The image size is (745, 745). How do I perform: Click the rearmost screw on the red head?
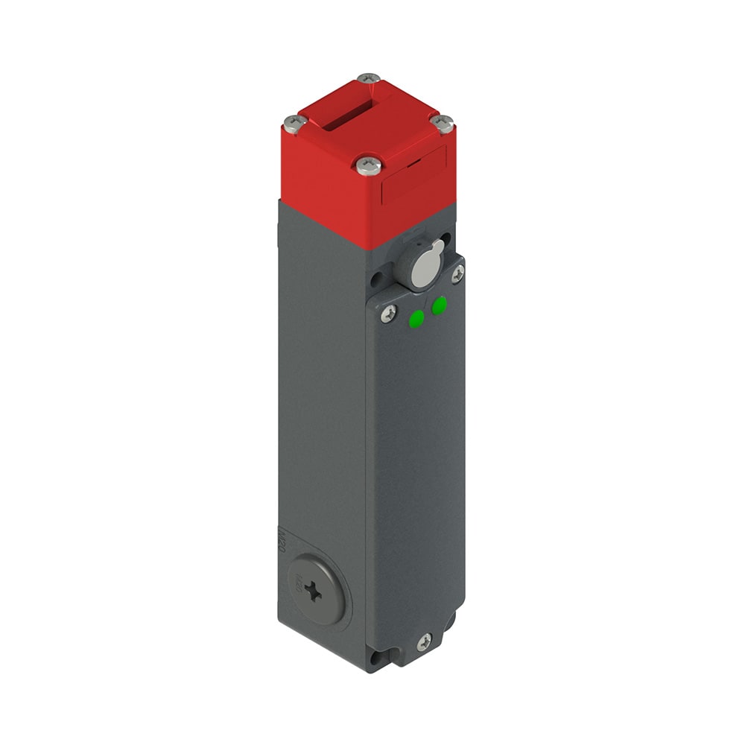[x=368, y=79]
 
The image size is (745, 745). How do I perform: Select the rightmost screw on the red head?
[x=444, y=123]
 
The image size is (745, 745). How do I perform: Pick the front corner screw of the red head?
[x=369, y=165]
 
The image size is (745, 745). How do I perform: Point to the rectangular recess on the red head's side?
[x=413, y=176]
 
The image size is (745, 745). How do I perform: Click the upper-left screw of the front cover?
[x=387, y=314]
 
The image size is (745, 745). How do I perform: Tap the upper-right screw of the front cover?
[x=457, y=274]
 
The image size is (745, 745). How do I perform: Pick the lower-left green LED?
[x=416, y=320]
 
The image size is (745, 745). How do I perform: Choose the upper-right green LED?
[x=440, y=304]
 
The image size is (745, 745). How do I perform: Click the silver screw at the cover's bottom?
[x=424, y=640]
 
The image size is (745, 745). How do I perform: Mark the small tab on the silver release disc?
[x=437, y=247]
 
